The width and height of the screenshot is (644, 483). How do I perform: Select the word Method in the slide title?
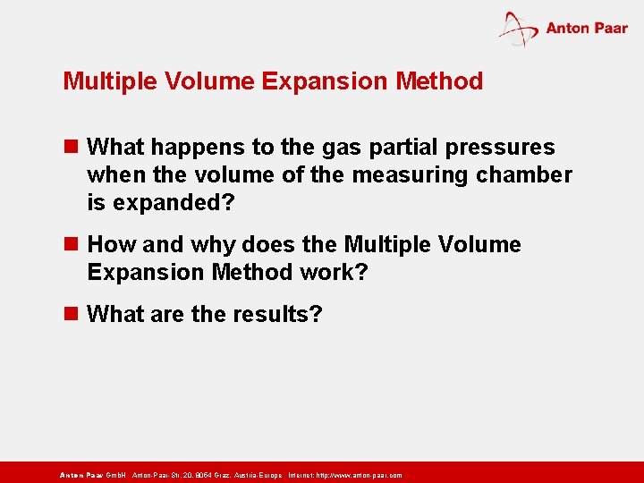pos(439,81)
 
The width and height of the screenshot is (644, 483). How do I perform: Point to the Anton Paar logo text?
pos(587,28)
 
